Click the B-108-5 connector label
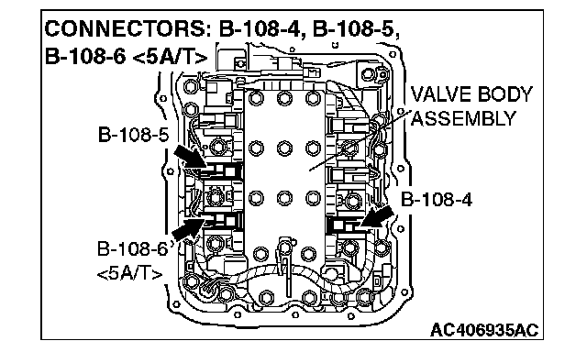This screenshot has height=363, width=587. (133, 135)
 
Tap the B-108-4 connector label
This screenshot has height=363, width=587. (437, 200)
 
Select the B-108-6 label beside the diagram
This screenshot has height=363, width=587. (132, 248)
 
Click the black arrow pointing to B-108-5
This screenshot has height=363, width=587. (190, 156)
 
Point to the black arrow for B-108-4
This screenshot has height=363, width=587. (377, 216)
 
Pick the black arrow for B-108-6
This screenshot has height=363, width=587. (189, 228)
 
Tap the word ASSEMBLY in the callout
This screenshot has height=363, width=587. (463, 119)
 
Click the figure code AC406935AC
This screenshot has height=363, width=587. (484, 330)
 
